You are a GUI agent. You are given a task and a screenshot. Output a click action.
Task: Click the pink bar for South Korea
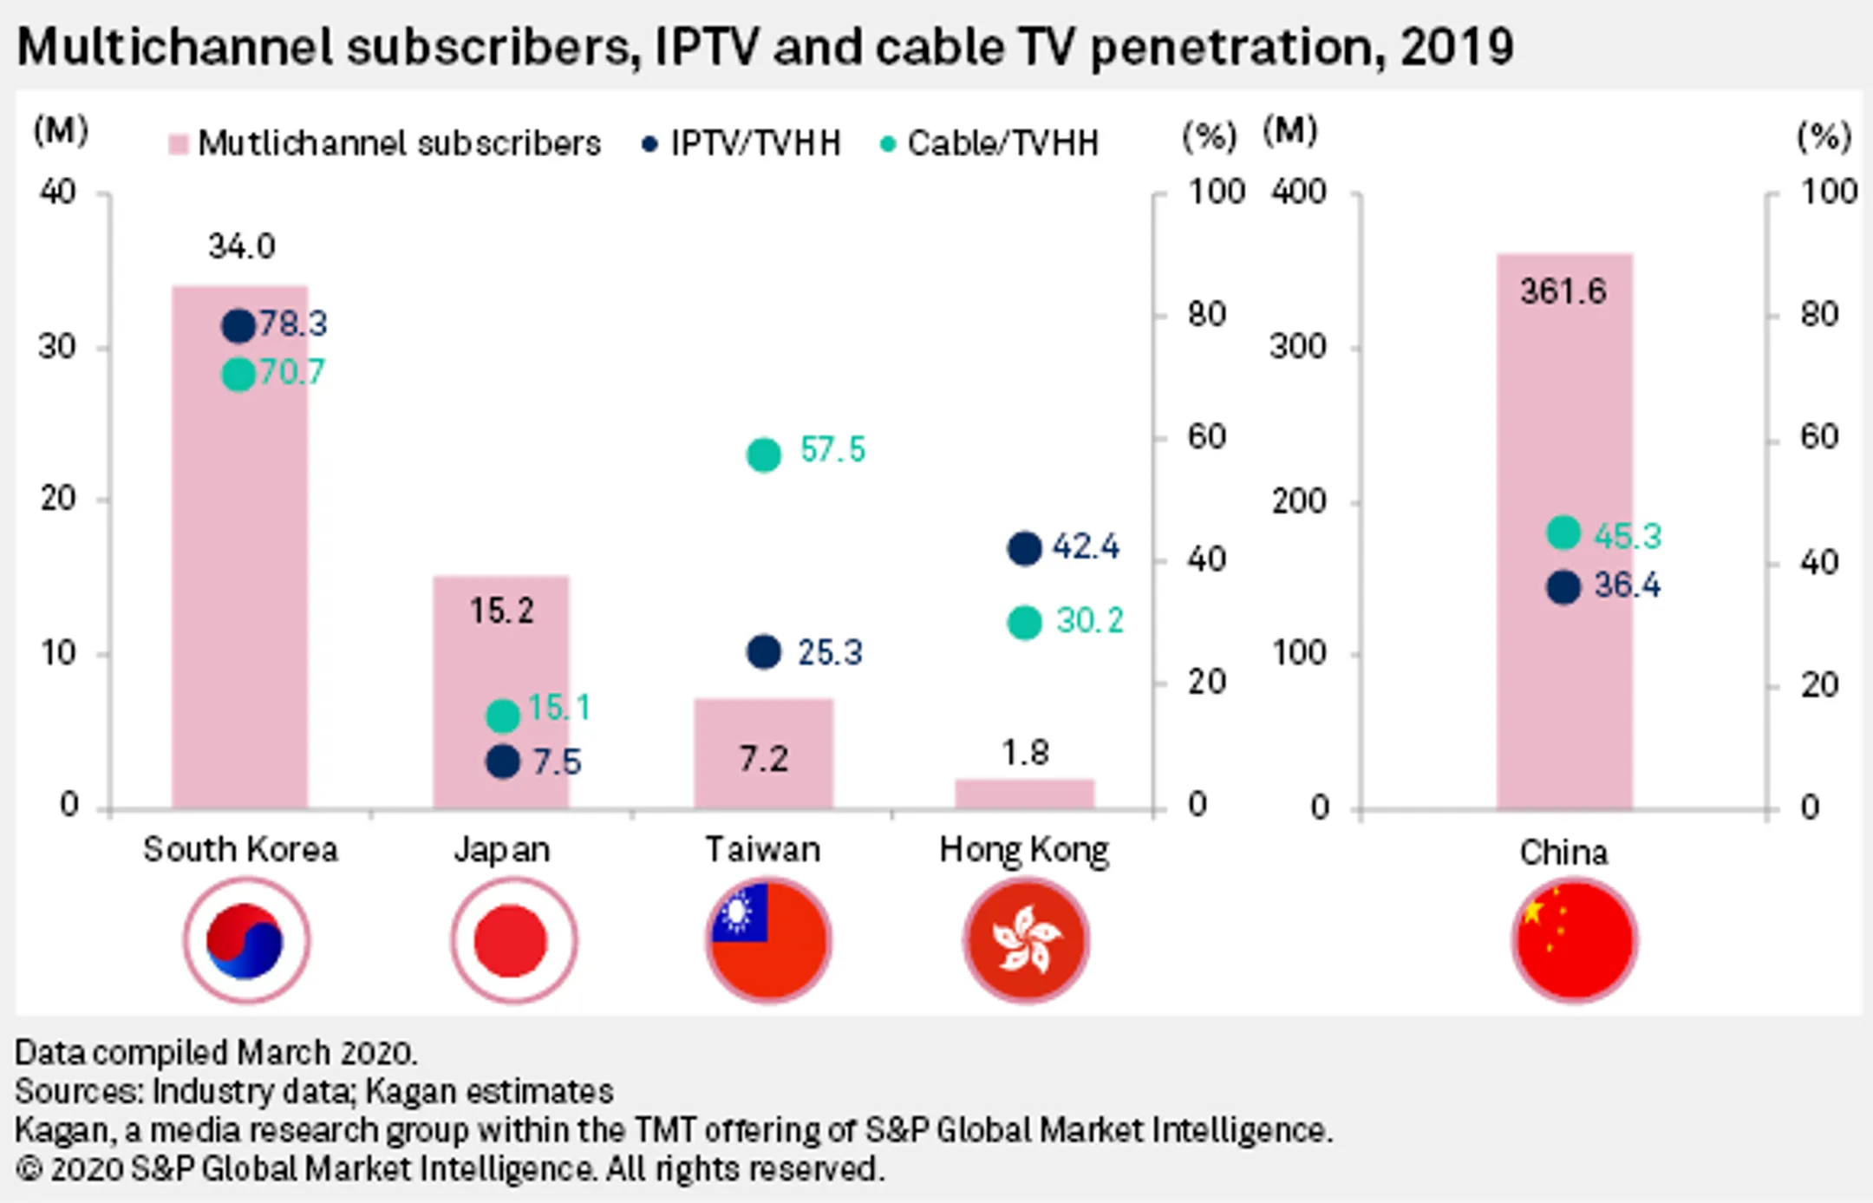click(239, 547)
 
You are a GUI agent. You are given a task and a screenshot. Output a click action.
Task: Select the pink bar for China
click(1564, 532)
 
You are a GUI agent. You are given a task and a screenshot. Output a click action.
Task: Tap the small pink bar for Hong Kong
click(1025, 794)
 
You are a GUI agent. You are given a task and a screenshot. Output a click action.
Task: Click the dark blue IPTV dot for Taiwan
click(764, 651)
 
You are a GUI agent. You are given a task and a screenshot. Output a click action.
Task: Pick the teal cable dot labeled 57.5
click(764, 454)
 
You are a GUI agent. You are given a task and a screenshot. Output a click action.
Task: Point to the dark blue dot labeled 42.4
click(1024, 548)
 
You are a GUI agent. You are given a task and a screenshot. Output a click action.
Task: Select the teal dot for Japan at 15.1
click(503, 716)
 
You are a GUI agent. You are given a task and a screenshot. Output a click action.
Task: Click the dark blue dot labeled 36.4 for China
click(1563, 587)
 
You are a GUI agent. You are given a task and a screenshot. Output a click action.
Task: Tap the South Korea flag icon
click(246, 940)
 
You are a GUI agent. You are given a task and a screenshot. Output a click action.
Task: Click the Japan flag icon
click(513, 940)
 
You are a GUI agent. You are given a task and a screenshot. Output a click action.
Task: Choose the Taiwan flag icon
click(768, 940)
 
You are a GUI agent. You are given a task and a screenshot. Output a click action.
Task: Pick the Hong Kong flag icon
click(1026, 940)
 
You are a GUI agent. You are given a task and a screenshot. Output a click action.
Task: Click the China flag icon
click(1575, 940)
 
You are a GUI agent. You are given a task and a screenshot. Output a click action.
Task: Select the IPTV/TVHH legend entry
click(741, 143)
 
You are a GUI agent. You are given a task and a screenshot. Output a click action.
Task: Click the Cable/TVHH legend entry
click(989, 143)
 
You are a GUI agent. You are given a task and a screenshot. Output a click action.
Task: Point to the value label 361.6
click(1563, 291)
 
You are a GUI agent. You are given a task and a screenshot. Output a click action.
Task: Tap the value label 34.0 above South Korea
click(241, 247)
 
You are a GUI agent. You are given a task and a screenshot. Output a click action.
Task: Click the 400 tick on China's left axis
click(1298, 192)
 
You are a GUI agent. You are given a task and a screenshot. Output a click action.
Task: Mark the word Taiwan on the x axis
click(763, 849)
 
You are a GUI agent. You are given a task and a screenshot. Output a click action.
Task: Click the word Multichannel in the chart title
click(174, 46)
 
